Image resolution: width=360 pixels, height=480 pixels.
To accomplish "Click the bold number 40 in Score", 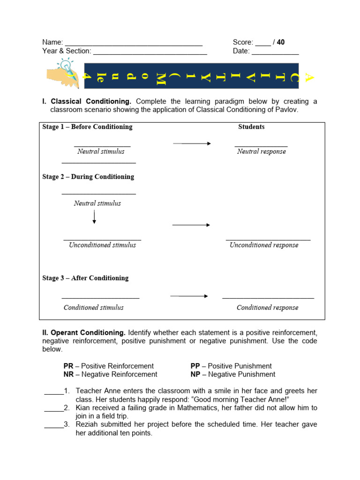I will pyautogui.click(x=281, y=42).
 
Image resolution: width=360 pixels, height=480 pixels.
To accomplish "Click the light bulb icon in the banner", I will pyautogui.click(x=65, y=66).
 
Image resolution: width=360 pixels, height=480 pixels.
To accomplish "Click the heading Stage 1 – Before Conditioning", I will pyautogui.click(x=87, y=127).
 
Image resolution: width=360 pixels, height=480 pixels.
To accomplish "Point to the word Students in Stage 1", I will pyautogui.click(x=251, y=127).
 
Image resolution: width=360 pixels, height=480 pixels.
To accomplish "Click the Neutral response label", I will pyautogui.click(x=261, y=151).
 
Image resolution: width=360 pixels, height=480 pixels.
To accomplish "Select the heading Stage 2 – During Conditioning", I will pyautogui.click(x=88, y=177).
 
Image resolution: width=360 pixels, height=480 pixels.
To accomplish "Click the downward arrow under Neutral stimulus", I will pyautogui.click(x=94, y=217).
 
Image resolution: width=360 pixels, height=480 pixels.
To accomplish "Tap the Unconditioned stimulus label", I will pyautogui.click(x=102, y=245).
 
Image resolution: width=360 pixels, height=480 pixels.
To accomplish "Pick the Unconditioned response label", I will pyautogui.click(x=263, y=245).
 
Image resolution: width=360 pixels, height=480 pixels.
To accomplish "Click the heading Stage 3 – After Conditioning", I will pyautogui.click(x=85, y=278).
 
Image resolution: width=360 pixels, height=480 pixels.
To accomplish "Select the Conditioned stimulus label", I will pyautogui.click(x=94, y=307).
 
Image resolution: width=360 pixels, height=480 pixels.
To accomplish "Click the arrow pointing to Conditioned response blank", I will pyautogui.click(x=189, y=296).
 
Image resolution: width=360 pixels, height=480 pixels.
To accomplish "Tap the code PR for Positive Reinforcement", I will pyautogui.click(x=68, y=366).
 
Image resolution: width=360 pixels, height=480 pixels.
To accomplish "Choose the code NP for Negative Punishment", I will pyautogui.click(x=195, y=375).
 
